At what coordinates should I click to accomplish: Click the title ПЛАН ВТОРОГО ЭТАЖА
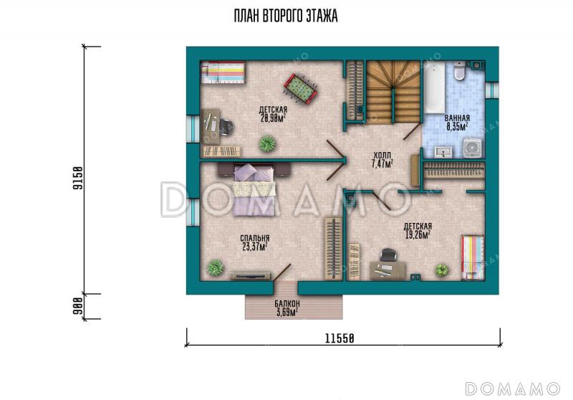(x=286, y=16)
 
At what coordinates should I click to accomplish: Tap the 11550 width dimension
(x=340, y=338)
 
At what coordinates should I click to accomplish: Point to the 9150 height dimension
(x=78, y=178)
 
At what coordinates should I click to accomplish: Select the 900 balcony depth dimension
(x=78, y=306)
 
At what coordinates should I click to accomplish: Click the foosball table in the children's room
(x=300, y=89)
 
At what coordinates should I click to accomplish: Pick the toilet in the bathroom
(x=459, y=70)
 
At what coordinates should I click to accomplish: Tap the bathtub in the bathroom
(x=434, y=87)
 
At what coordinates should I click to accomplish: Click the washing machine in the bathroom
(x=473, y=148)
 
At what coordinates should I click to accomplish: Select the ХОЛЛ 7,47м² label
(x=382, y=160)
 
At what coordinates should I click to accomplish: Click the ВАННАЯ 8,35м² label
(x=457, y=123)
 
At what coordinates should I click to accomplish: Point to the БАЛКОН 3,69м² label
(x=287, y=308)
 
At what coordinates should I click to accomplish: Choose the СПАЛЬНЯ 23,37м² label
(x=255, y=242)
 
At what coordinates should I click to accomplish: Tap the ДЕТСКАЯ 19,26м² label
(x=418, y=231)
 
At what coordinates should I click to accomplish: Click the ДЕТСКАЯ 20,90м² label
(x=273, y=113)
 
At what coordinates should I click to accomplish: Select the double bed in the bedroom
(x=254, y=190)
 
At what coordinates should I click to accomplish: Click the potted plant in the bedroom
(x=216, y=267)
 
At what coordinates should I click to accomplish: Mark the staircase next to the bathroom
(x=393, y=92)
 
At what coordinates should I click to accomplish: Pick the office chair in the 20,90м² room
(x=226, y=127)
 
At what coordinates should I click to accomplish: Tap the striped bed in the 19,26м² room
(x=473, y=257)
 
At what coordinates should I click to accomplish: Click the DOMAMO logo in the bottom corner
(x=512, y=389)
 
